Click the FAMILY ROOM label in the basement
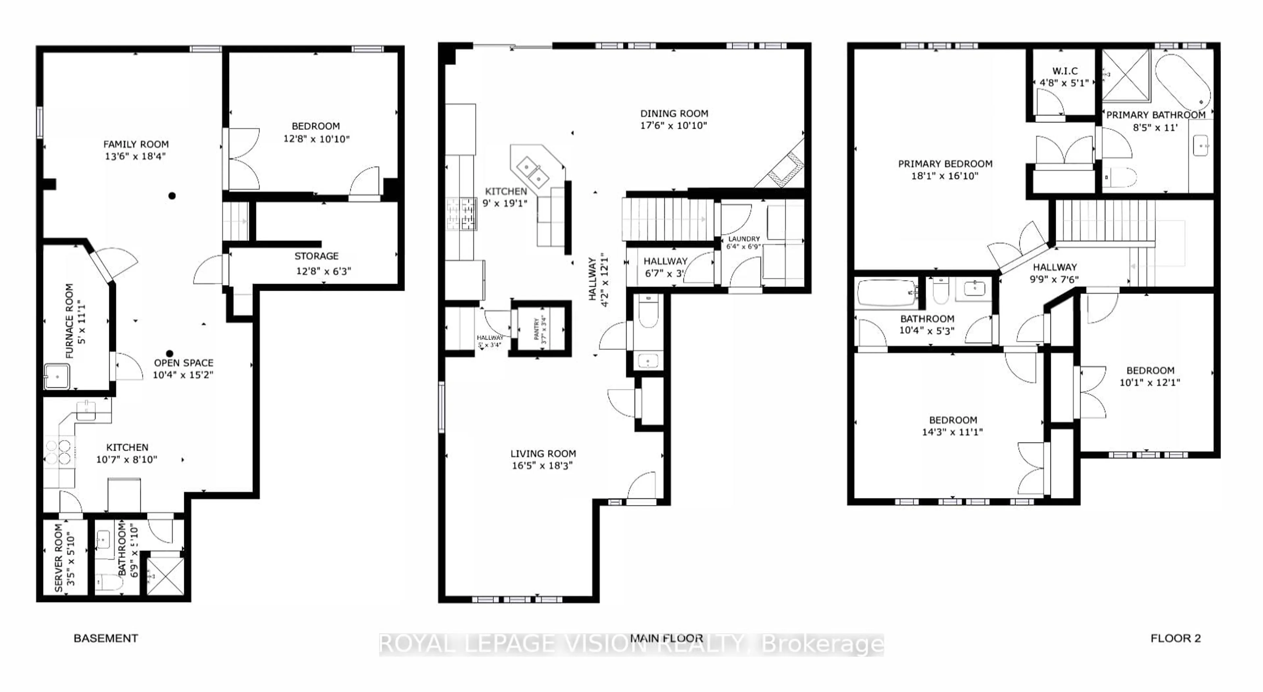point(136,144)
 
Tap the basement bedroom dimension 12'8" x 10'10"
point(316,139)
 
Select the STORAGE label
point(316,256)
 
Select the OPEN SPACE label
point(184,363)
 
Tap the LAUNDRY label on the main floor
point(744,239)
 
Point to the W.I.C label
point(1064,71)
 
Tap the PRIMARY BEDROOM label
point(945,164)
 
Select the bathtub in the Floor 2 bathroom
point(886,293)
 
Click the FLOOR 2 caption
point(1175,638)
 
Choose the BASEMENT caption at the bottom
point(106,638)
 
